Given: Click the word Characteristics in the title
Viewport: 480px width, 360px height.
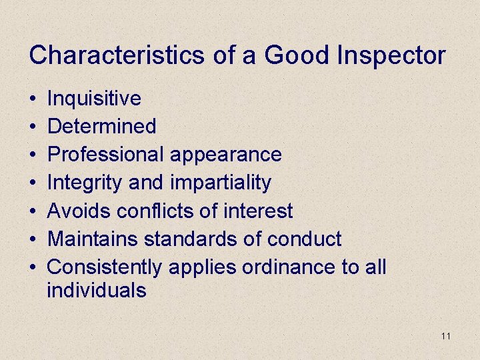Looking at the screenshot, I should click(x=117, y=55).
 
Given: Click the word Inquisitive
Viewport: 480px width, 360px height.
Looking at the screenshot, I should click(x=94, y=99).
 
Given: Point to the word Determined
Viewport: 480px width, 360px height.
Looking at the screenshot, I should click(x=102, y=126).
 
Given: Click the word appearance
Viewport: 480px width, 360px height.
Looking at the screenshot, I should click(x=225, y=155).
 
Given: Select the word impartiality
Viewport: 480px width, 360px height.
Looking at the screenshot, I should click(x=221, y=183).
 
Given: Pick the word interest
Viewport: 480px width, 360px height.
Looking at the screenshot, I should click(x=260, y=211).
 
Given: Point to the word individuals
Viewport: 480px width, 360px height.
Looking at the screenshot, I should click(x=97, y=291).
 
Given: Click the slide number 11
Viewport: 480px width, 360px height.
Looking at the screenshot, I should click(x=446, y=336).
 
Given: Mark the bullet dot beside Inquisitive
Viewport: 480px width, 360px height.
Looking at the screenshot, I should click(x=33, y=99).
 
